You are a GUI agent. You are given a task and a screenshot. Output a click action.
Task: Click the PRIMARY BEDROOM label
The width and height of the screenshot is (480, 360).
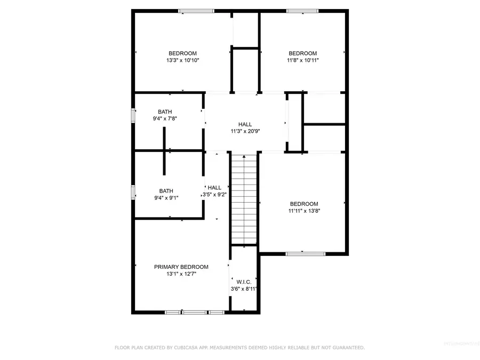[181, 267]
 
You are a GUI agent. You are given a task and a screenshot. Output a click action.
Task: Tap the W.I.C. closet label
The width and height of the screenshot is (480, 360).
[244, 282]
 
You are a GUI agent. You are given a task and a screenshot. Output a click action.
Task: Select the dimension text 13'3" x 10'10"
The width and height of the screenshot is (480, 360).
[182, 61]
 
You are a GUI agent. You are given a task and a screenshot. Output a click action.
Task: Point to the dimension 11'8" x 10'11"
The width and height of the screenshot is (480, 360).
[302, 61]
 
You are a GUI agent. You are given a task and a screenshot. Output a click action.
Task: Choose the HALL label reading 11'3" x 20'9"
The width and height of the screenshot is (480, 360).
[245, 124]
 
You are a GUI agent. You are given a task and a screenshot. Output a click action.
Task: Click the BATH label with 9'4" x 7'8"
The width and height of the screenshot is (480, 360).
[165, 111]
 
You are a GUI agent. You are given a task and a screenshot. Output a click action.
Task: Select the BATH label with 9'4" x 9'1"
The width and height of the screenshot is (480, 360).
[166, 190]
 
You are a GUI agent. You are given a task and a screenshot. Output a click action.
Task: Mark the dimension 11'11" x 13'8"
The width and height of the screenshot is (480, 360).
[304, 211]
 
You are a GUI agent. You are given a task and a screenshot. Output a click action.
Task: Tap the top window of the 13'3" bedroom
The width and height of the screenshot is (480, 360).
[196, 11]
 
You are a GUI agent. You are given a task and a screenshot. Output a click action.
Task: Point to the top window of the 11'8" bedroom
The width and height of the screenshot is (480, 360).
[303, 11]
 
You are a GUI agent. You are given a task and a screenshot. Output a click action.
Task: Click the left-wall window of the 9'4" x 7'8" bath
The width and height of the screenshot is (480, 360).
[133, 116]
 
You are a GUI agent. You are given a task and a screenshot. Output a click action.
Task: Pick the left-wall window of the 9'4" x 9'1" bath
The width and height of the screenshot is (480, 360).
[133, 191]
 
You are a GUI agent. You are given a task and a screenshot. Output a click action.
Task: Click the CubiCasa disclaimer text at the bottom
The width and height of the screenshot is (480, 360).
[240, 348]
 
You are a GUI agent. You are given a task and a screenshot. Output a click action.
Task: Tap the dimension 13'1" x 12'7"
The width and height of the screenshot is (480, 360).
[181, 274]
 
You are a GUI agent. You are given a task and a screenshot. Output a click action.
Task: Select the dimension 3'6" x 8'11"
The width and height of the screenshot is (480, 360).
[244, 289]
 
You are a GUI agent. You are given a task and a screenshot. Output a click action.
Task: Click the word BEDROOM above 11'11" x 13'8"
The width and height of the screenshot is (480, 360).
[304, 204]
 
